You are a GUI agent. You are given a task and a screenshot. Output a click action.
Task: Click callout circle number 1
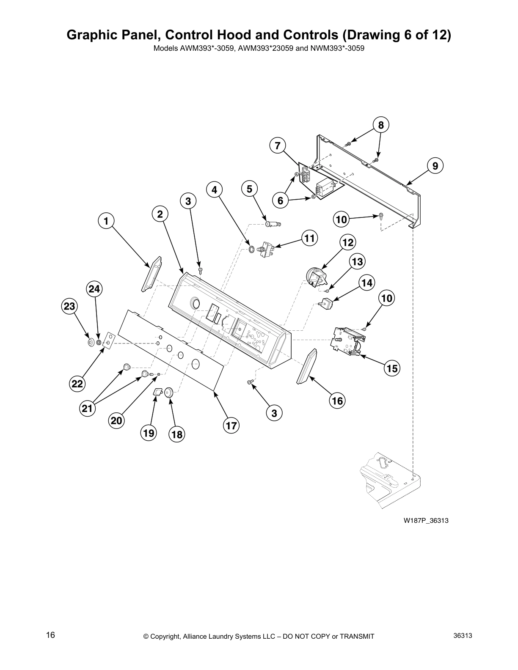pyautogui.click(x=106, y=220)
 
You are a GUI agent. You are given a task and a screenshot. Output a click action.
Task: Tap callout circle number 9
pyautogui.click(x=435, y=166)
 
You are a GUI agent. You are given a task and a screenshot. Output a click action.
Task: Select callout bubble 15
pyautogui.click(x=392, y=368)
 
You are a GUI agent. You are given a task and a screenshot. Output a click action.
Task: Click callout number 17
pyautogui.click(x=231, y=425)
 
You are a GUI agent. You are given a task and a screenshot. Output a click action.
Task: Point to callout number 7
pyautogui.click(x=277, y=146)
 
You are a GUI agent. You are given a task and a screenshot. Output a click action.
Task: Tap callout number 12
pyautogui.click(x=347, y=242)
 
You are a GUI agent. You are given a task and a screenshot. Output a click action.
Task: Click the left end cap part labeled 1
pyautogui.click(x=152, y=274)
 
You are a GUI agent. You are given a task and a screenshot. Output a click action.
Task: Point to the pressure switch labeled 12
pyautogui.click(x=316, y=277)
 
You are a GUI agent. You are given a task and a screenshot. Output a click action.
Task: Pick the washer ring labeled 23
pyautogui.click(x=91, y=342)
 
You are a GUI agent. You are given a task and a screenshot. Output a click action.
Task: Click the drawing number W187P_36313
pyautogui.click(x=425, y=520)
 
